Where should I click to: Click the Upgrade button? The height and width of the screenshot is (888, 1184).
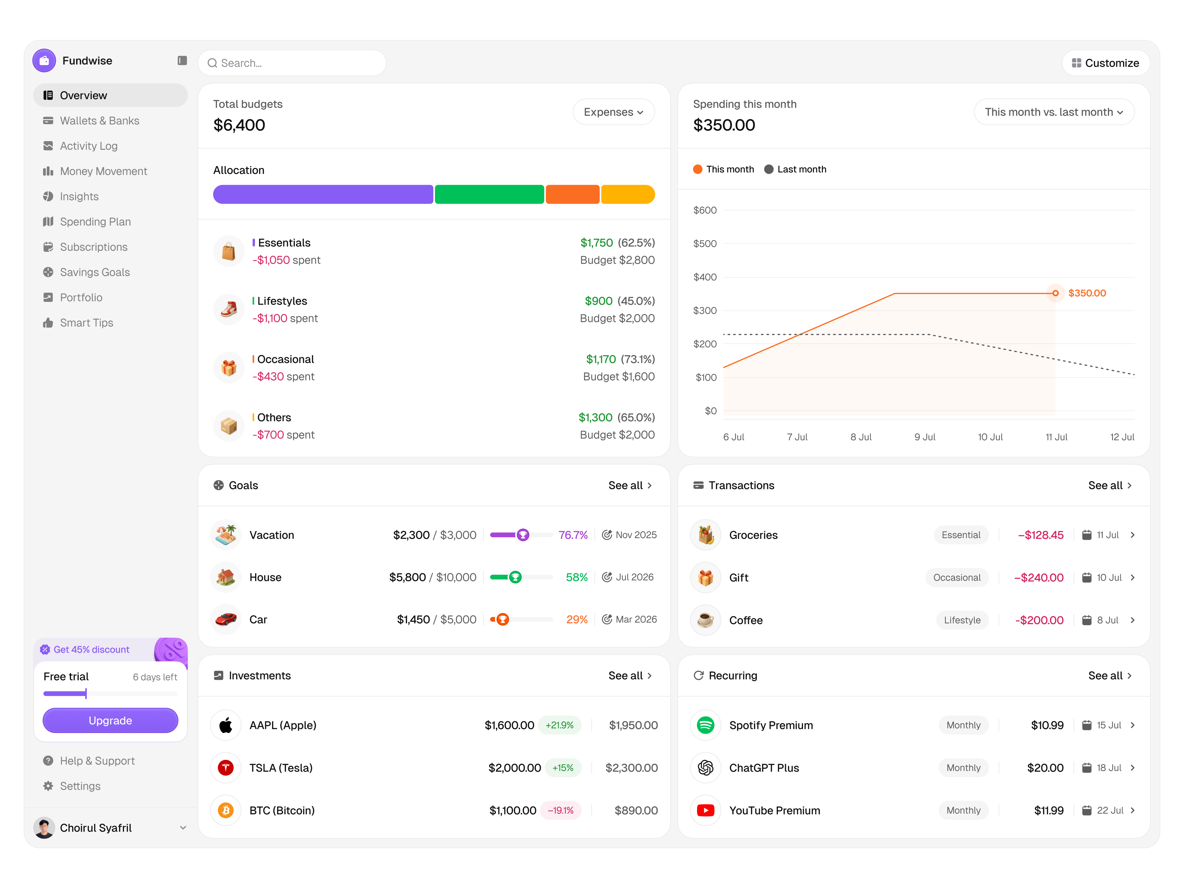pos(110,720)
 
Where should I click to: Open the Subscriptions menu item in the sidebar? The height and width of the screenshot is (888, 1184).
pos(94,247)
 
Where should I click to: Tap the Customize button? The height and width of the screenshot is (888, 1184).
pos(1105,63)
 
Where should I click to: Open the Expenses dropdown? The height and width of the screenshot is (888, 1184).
pos(613,112)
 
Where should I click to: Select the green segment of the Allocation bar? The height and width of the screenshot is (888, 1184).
pos(489,194)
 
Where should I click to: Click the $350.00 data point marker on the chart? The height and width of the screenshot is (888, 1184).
pos(1055,293)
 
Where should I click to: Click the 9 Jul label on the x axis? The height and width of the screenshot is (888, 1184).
pos(924,437)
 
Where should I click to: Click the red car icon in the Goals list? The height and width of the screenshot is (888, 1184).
pos(226,619)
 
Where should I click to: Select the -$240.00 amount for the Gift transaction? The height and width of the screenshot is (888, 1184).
pos(1038,577)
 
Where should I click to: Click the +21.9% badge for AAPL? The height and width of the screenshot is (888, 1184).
pos(559,725)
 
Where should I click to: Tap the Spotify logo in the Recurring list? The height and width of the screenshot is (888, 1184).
pos(705,725)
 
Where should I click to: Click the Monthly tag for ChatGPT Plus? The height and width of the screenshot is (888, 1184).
pos(963,768)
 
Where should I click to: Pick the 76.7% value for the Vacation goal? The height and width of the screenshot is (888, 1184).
pos(573,535)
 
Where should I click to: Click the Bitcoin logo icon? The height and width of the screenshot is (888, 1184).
pos(226,810)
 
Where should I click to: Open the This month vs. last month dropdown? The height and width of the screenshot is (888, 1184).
pos(1053,112)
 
